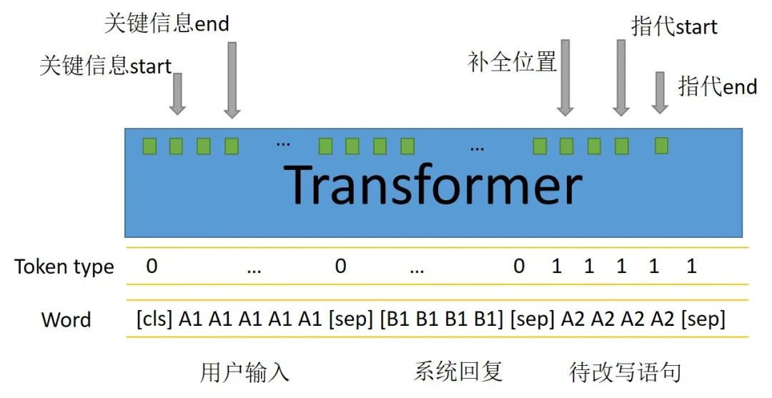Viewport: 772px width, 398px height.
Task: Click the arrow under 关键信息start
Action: (x=178, y=94)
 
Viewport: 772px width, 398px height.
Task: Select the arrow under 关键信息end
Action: (x=232, y=79)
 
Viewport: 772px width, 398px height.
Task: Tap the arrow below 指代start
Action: (x=621, y=77)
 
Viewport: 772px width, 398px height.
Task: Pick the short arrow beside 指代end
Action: (x=660, y=92)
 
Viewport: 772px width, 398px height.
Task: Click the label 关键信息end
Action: (x=167, y=23)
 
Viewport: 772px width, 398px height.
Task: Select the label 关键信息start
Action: (x=105, y=66)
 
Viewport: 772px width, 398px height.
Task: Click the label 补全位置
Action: (x=512, y=62)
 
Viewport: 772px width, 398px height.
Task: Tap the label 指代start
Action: (x=674, y=26)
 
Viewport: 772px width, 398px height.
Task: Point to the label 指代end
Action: (x=717, y=86)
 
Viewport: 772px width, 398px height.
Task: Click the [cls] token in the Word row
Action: (x=154, y=319)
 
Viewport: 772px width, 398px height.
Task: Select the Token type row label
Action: (x=64, y=267)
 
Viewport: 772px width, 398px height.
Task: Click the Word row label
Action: (x=66, y=319)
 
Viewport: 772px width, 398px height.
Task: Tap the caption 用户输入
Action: (x=244, y=372)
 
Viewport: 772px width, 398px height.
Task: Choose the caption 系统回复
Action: (x=458, y=372)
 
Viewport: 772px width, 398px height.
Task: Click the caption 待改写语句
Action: (x=625, y=372)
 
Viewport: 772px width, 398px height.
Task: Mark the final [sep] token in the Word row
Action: (x=703, y=319)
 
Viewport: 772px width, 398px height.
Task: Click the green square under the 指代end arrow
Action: (x=662, y=146)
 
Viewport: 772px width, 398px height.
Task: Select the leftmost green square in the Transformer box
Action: (x=149, y=146)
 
